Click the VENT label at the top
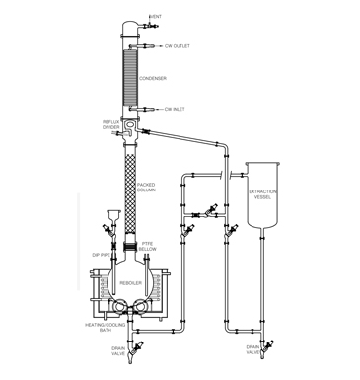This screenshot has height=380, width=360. coord(155,17)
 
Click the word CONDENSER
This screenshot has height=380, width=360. coord(153,78)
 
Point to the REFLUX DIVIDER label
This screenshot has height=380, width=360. coord(111,126)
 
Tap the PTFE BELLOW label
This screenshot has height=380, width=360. coord(149,246)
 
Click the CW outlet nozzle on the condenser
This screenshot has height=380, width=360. coord(148,45)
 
